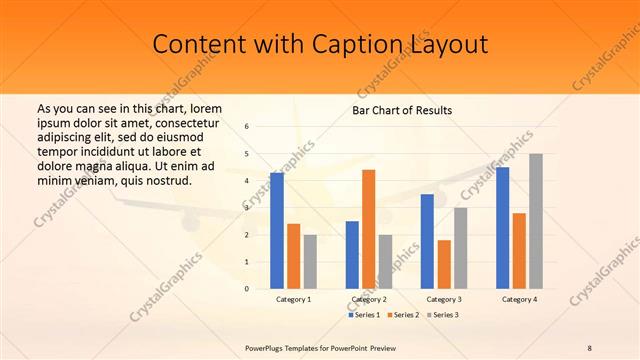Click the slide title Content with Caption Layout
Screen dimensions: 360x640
[320, 45]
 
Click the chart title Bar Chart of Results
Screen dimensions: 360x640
[402, 110]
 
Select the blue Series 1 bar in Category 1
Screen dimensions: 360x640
[277, 231]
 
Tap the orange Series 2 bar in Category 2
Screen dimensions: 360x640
[369, 229]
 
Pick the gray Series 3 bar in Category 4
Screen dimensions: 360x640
[536, 221]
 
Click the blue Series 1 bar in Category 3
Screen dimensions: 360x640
[427, 241]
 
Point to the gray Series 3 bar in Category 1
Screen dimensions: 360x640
[310, 262]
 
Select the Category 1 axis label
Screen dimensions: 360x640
[293, 299]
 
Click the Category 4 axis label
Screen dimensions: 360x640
[519, 299]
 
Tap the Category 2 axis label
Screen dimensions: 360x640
[369, 299]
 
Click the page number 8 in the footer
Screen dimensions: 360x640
[590, 347]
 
